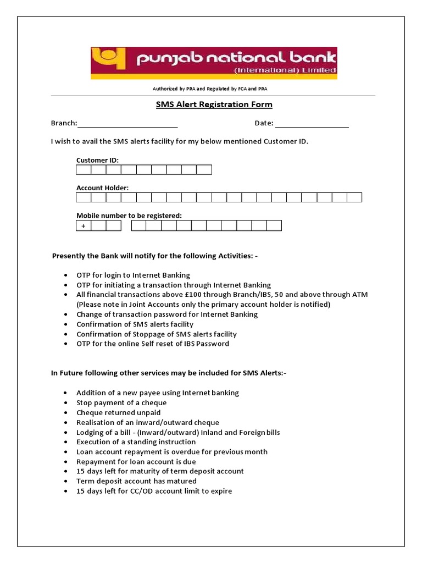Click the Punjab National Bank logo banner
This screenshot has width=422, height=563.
tap(214, 63)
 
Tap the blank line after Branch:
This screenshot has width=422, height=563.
tap(127, 124)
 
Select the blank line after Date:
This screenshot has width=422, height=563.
tap(312, 124)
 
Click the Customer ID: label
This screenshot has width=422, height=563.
tap(97, 160)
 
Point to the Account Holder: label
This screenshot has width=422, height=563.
tap(102, 187)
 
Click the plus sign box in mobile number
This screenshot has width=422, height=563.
tap(84, 225)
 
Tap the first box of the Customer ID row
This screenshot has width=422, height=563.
tap(84, 169)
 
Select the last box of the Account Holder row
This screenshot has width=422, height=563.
tap(354, 197)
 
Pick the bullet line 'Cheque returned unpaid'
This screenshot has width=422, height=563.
tap(118, 412)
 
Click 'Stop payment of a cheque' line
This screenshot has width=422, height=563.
tap(121, 402)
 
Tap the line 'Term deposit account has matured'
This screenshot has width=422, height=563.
tap(136, 481)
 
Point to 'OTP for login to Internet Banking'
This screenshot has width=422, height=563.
tap(133, 275)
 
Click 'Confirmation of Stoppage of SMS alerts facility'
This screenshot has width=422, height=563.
tap(157, 334)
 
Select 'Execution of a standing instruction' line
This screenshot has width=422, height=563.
tap(136, 442)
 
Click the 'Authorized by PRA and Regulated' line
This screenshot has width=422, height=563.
tap(210, 89)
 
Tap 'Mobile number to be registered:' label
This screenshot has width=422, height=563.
tap(129, 216)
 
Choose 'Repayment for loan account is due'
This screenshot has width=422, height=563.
tap(136, 462)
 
